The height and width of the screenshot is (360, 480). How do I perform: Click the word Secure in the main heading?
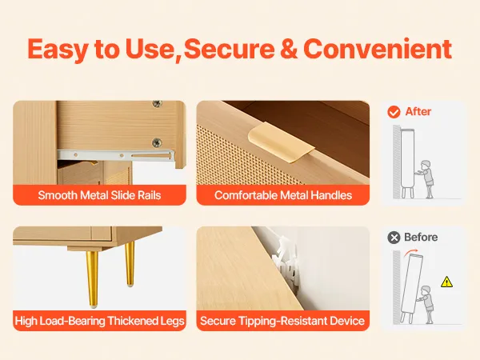point(230,49)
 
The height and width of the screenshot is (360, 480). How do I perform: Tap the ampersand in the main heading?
point(289,49)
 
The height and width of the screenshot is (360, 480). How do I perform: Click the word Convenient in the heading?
point(378,49)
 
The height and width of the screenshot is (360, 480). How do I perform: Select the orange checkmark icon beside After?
point(394,112)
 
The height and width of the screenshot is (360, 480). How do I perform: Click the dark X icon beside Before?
point(394,238)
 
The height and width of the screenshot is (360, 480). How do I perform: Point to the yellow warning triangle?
point(446,282)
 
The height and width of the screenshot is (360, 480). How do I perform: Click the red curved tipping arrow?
point(410,253)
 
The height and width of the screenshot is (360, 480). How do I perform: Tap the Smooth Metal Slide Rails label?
point(99,195)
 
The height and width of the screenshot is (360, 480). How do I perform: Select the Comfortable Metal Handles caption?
point(283,195)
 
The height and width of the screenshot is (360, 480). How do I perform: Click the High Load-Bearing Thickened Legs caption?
point(99,321)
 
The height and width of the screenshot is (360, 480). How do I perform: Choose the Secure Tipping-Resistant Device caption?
point(282,321)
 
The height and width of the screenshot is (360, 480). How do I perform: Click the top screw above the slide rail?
point(158,104)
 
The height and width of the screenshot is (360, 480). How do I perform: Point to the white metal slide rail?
point(115,155)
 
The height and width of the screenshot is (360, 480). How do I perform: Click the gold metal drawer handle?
point(280,142)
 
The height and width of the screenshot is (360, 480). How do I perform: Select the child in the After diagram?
point(426,179)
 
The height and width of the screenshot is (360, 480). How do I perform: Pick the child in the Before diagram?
point(426,304)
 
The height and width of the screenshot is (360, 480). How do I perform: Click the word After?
point(418,111)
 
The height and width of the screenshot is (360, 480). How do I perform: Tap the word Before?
point(421,238)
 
